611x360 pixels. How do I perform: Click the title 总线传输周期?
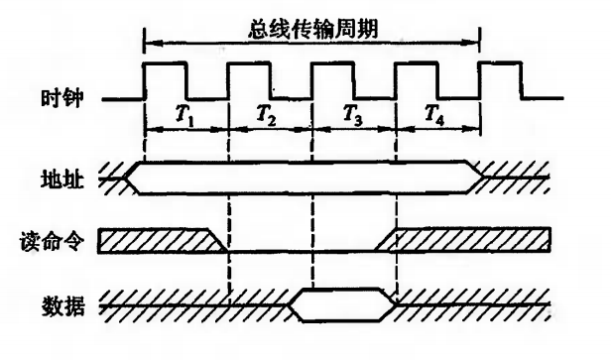pos(311,24)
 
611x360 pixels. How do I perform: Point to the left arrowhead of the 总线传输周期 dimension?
pos(149,42)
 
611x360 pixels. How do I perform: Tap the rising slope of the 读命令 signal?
pos(388,239)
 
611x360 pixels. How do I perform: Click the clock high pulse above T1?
pos(165,64)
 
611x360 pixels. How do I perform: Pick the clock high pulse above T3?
pos(331,64)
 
